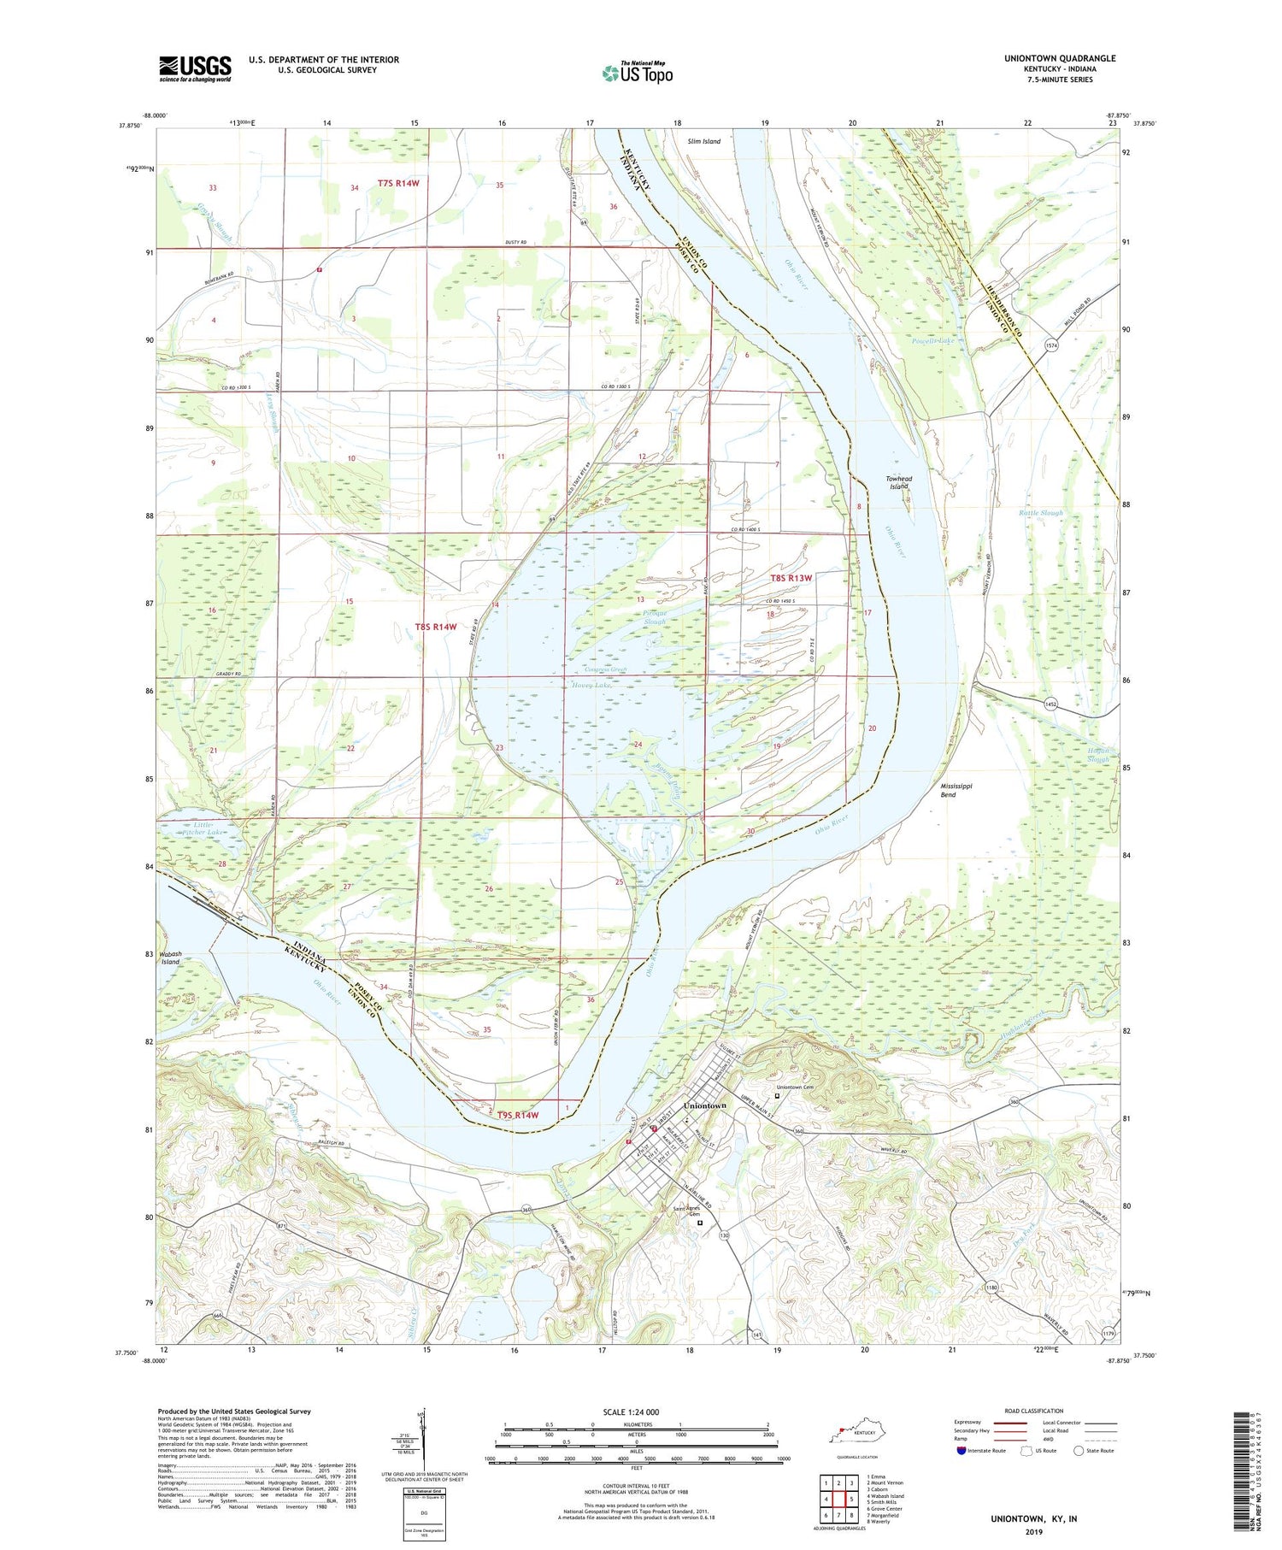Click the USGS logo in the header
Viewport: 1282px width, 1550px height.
pyautogui.click(x=195, y=68)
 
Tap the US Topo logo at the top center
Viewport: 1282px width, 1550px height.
pyautogui.click(x=637, y=73)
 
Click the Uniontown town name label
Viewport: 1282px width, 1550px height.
pyautogui.click(x=706, y=1105)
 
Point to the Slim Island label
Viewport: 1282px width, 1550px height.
pyautogui.click(x=703, y=142)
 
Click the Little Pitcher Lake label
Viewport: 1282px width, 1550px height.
pyautogui.click(x=202, y=828)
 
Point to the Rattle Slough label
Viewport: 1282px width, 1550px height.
pyautogui.click(x=1040, y=513)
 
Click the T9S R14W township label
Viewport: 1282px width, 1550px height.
pyautogui.click(x=518, y=1115)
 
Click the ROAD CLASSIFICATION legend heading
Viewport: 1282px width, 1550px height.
pyautogui.click(x=1034, y=1411)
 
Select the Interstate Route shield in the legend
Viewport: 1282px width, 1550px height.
pyautogui.click(x=961, y=1450)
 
